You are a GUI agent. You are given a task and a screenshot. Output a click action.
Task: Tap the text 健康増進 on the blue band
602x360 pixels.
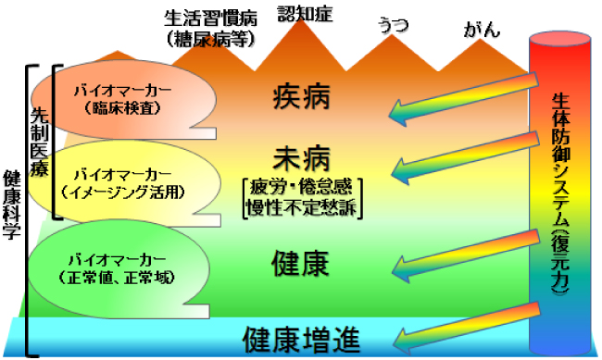pyautogui.click(x=301, y=340)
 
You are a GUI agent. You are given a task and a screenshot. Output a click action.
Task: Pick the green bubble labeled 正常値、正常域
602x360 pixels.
pyautogui.click(x=120, y=266)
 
